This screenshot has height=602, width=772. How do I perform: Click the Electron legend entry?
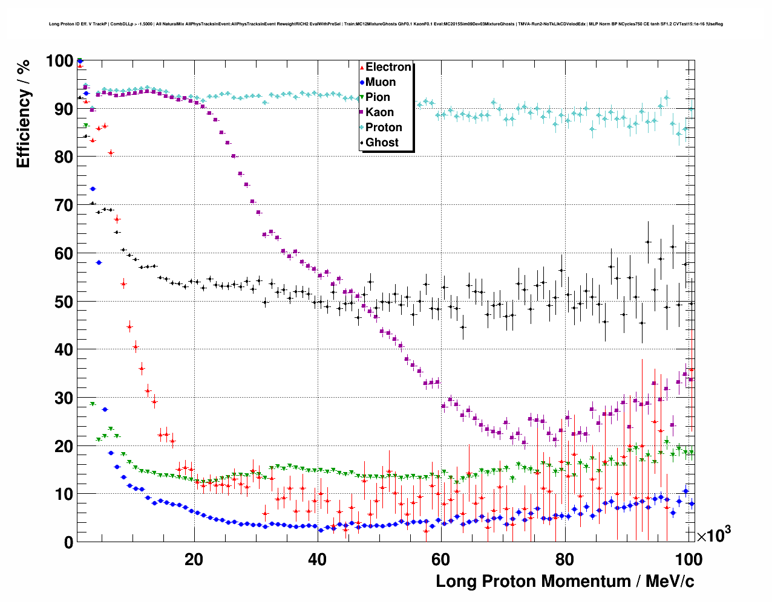[388, 67]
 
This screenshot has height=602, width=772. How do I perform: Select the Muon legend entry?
[381, 82]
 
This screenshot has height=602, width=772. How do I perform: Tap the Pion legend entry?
[378, 97]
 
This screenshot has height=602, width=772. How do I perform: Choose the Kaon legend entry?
[379, 112]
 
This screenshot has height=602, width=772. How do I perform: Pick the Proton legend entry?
[384, 128]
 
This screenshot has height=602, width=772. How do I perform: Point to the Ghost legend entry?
[382, 143]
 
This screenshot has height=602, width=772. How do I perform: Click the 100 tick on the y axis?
[59, 61]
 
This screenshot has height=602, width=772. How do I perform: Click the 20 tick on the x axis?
[194, 559]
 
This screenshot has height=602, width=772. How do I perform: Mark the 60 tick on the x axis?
[441, 559]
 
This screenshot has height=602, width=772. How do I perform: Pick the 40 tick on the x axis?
[318, 559]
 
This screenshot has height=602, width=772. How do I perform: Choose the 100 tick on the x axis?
[688, 559]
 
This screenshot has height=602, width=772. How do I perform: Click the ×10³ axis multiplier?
[713, 535]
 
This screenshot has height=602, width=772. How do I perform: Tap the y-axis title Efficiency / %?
[23, 115]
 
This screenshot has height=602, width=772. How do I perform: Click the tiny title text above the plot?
[385, 24]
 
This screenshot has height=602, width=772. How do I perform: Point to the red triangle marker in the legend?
[362, 67]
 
